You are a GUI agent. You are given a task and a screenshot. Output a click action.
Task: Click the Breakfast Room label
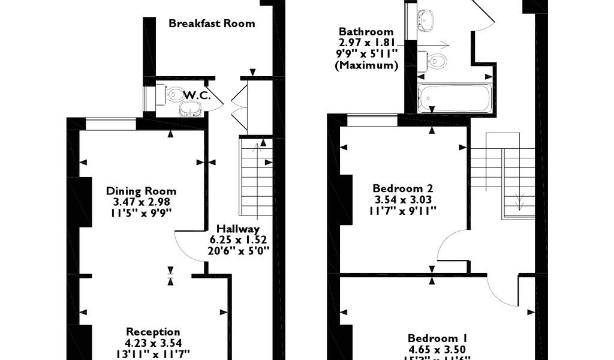pyautogui.click(x=212, y=24)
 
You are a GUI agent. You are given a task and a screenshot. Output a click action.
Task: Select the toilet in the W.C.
pyautogui.click(x=174, y=94)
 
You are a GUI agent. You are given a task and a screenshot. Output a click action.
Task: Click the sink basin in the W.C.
pyautogui.click(x=191, y=109)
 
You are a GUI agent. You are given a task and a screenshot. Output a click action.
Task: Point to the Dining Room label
pyautogui.click(x=141, y=191)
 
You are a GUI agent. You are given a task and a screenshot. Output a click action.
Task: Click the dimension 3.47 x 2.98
pyautogui.click(x=141, y=202)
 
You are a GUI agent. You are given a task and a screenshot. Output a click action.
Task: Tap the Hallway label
pyautogui.click(x=237, y=229)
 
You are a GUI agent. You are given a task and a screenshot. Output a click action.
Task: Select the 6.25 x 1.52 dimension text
pyautogui.click(x=237, y=239)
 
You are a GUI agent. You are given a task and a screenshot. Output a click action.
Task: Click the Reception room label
pyautogui.click(x=153, y=332)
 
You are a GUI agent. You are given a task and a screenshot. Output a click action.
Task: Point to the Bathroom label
pyautogui.click(x=366, y=32)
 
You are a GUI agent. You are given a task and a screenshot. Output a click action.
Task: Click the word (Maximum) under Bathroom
pyautogui.click(x=366, y=65)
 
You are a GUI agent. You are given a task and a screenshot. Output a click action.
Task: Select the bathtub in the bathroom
pyautogui.click(x=455, y=97)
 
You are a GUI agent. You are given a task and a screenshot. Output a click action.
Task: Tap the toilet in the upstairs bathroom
pyautogui.click(x=437, y=61)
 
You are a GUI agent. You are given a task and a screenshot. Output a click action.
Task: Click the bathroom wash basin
pyautogui.click(x=425, y=20)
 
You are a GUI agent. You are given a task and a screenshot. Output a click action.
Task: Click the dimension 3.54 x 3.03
pyautogui.click(x=402, y=200)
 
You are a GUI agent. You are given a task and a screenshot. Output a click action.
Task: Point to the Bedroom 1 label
pyautogui.click(x=438, y=338)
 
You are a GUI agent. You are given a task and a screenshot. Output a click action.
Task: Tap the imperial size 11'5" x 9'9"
pyautogui.click(x=141, y=213)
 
